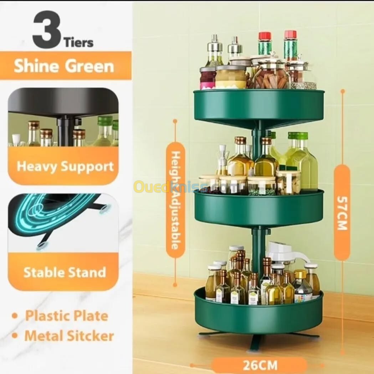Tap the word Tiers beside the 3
pyautogui.click(x=78, y=43)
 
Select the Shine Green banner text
pyautogui.click(x=64, y=66)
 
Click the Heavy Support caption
pyautogui.click(x=65, y=166)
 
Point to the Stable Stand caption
pyautogui.click(x=65, y=272)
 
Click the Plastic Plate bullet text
pyautogui.click(x=67, y=316)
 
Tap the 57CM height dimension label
pyautogui.click(x=342, y=213)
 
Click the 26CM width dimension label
pyautogui.click(x=260, y=365)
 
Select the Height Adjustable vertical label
pyautogui.click(x=175, y=200)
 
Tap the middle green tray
pyautogui.click(x=259, y=208)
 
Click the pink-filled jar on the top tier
pyautogui.click(x=208, y=78)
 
